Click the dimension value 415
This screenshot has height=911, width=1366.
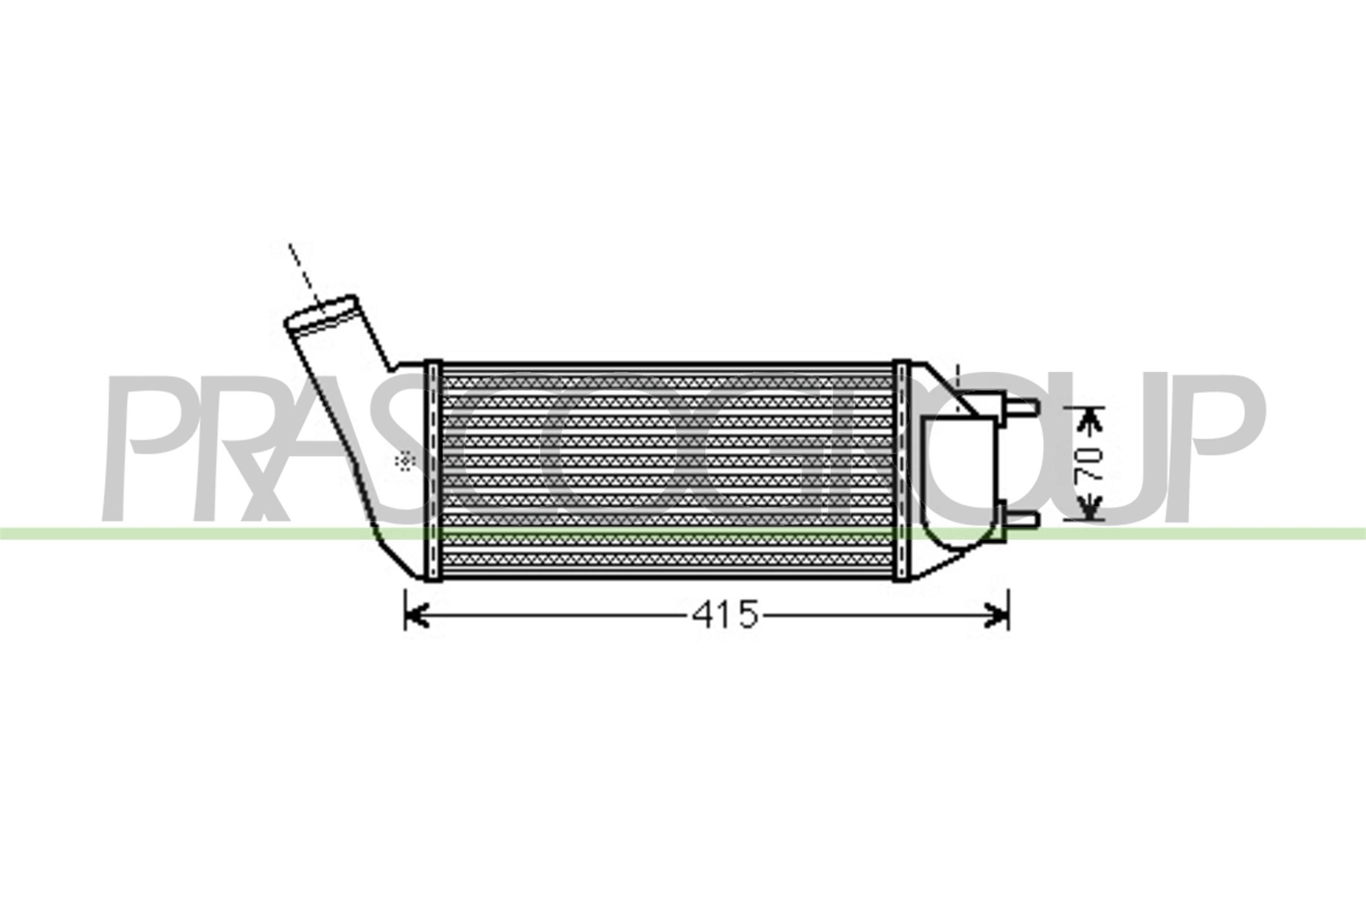(725, 614)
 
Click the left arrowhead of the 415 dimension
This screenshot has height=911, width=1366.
(415, 615)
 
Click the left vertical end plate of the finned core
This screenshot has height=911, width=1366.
(433, 471)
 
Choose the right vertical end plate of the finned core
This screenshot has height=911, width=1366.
(902, 471)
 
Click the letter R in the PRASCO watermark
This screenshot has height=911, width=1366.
(244, 448)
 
